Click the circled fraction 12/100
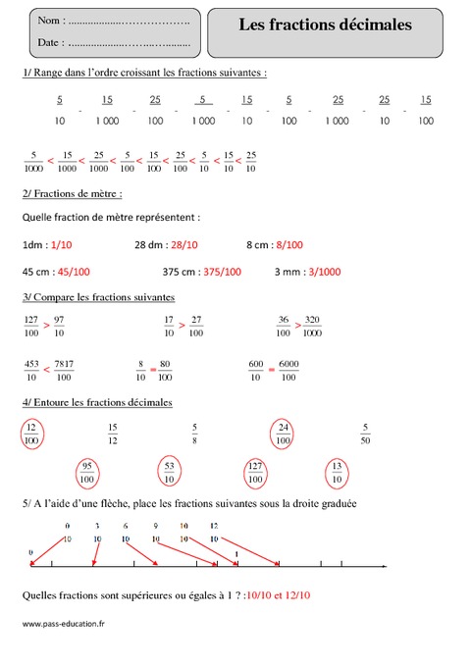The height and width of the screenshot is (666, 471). click(x=32, y=435)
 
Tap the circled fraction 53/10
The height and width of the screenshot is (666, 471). click(x=170, y=474)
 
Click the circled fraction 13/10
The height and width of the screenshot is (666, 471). click(x=338, y=474)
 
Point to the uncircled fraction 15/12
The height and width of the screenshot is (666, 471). click(x=112, y=435)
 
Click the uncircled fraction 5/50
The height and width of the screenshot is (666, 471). click(x=365, y=435)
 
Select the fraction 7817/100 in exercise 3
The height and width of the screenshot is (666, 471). click(x=64, y=369)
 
